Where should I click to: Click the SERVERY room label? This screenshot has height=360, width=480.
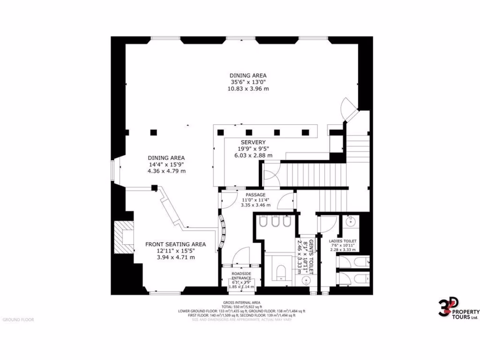[x=253, y=142]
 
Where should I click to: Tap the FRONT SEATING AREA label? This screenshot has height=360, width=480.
[x=175, y=244]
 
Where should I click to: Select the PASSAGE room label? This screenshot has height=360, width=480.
[x=255, y=195]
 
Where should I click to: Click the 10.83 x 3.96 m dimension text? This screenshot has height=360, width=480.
[x=248, y=89]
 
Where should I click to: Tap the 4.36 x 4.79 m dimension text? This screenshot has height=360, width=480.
[x=166, y=171]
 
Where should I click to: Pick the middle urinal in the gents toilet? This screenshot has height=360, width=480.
[x=275, y=222]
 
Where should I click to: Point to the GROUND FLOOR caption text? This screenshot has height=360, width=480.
[x=18, y=320]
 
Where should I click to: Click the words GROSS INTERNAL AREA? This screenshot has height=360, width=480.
[x=242, y=302]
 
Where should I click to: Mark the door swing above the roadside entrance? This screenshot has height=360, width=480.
[x=241, y=257]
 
